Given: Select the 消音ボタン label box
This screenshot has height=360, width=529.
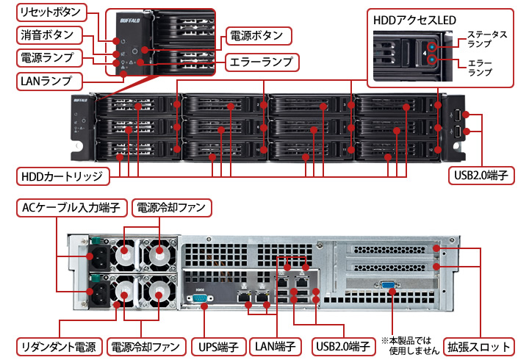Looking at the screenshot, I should coord(48,34).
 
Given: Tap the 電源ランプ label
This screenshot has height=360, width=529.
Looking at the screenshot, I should coord(48,56).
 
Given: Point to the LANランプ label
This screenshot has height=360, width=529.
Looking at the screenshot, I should coord(48,77).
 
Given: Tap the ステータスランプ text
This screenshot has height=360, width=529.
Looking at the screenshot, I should coord(487,39).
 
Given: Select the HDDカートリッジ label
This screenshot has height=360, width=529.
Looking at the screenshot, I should coord(62,176).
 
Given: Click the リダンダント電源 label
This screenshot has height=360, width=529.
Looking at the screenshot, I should coord(59,345).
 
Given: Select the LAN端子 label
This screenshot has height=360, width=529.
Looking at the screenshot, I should coord(276,345).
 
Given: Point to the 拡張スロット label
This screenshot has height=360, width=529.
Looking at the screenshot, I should coord(481,345).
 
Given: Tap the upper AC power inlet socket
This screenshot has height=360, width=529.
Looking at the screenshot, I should coord(97,257).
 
